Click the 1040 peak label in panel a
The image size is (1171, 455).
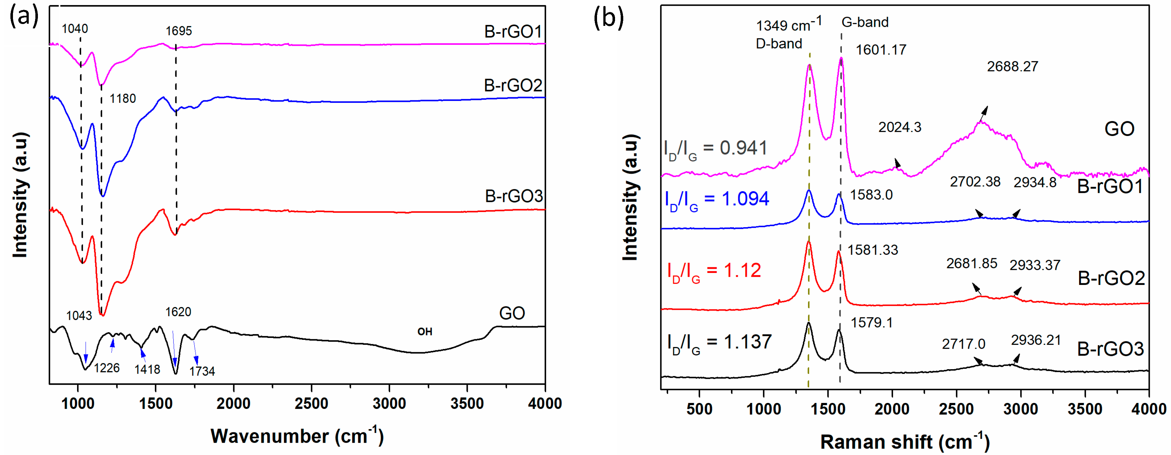(75, 29)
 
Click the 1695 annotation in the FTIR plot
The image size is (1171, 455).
(179, 31)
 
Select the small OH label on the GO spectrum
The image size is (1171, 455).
(425, 332)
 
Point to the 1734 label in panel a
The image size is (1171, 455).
(202, 371)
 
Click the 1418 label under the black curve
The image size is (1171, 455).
(147, 369)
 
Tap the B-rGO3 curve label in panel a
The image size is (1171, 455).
(514, 196)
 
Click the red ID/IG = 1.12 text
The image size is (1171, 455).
(714, 271)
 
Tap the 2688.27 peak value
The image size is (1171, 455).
(1012, 67)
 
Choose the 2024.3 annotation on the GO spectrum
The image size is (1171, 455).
(900, 127)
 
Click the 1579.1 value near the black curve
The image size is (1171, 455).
(872, 323)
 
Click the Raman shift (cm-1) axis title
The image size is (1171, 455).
(905, 442)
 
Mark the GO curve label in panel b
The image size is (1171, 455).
(1119, 129)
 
